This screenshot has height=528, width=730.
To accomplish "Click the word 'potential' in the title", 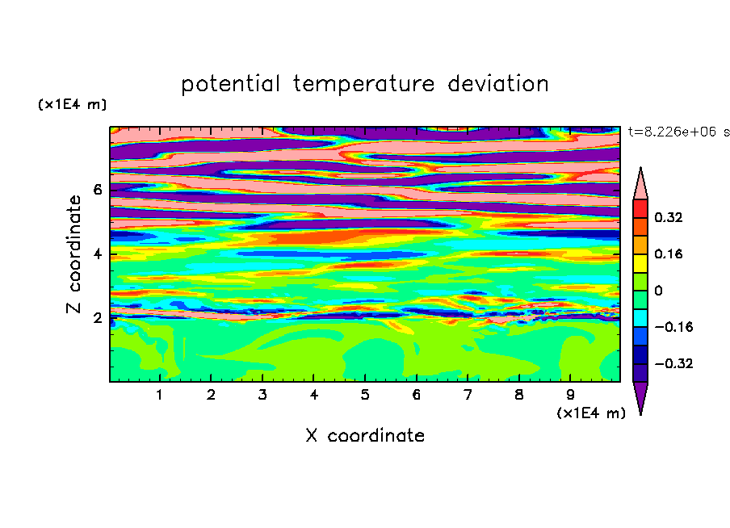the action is (231, 84).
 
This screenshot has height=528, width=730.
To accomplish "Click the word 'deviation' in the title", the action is (497, 83).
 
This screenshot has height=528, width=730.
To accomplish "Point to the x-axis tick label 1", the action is (160, 395).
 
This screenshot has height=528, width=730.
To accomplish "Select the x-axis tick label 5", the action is (365, 395).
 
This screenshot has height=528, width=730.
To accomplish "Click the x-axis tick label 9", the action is (570, 395).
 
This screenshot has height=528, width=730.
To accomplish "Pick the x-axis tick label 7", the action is (468, 395).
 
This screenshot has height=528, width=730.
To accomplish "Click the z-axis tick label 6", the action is (97, 190).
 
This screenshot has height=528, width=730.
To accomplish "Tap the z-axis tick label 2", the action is (97, 318).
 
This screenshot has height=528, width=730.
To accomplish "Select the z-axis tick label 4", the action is (97, 254).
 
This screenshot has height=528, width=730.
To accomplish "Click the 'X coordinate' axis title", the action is (365, 435).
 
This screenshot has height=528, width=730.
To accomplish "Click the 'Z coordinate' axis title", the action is (73, 254).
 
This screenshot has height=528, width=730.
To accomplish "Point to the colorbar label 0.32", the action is (668, 217).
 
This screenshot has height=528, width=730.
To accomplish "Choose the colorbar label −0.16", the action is (673, 327).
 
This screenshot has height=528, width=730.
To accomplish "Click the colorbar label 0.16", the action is (668, 254).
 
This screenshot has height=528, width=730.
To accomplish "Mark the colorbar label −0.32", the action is (673, 363).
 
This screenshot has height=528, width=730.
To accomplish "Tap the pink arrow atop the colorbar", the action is (640, 186).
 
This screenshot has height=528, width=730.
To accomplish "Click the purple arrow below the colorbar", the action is (640, 396).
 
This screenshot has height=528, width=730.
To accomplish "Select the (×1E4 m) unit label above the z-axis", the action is (73, 104).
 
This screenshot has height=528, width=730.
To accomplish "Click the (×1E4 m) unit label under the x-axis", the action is (591, 413).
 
